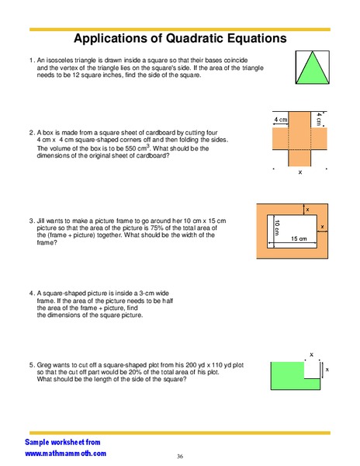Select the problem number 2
click(30, 133)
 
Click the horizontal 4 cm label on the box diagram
click(282, 120)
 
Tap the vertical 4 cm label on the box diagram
click(319, 119)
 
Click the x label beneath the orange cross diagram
click(300, 173)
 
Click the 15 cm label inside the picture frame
click(299, 238)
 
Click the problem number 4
click(30, 294)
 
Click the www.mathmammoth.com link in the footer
click(66, 453)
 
